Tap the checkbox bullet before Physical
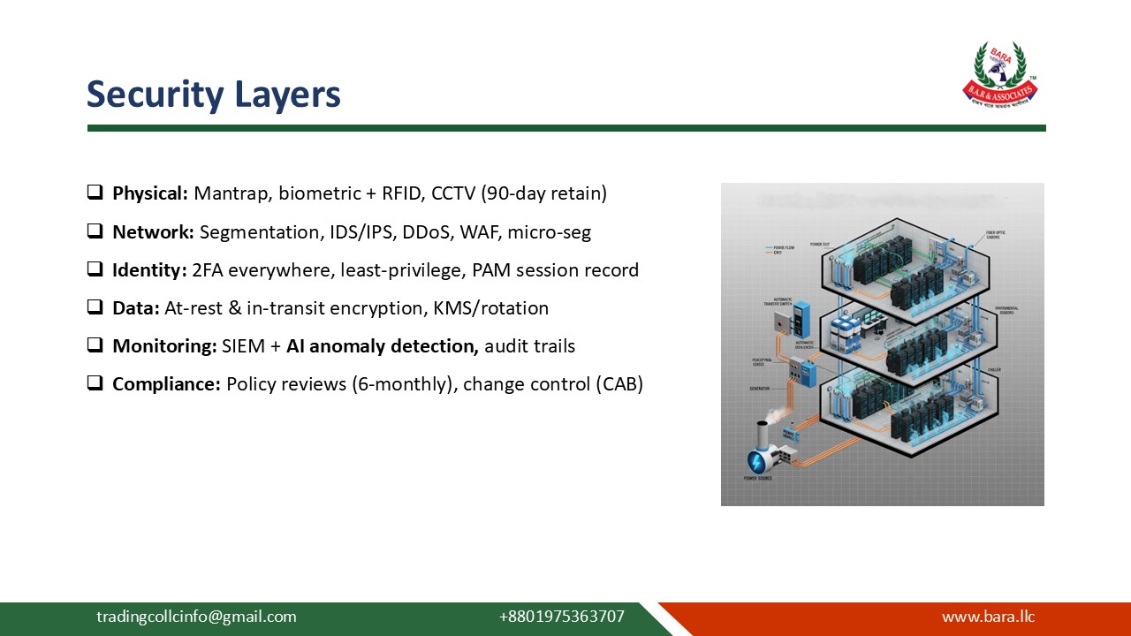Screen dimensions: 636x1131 (95, 192)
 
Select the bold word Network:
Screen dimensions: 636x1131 (153, 231)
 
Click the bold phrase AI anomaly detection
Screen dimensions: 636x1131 (382, 346)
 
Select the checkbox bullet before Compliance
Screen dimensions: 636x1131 (95, 384)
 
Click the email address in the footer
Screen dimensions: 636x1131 (196, 617)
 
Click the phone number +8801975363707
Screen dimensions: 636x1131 (561, 617)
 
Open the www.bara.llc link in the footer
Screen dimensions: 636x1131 (988, 617)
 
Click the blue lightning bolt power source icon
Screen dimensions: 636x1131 (758, 460)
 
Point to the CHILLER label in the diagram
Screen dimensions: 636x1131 (993, 369)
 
